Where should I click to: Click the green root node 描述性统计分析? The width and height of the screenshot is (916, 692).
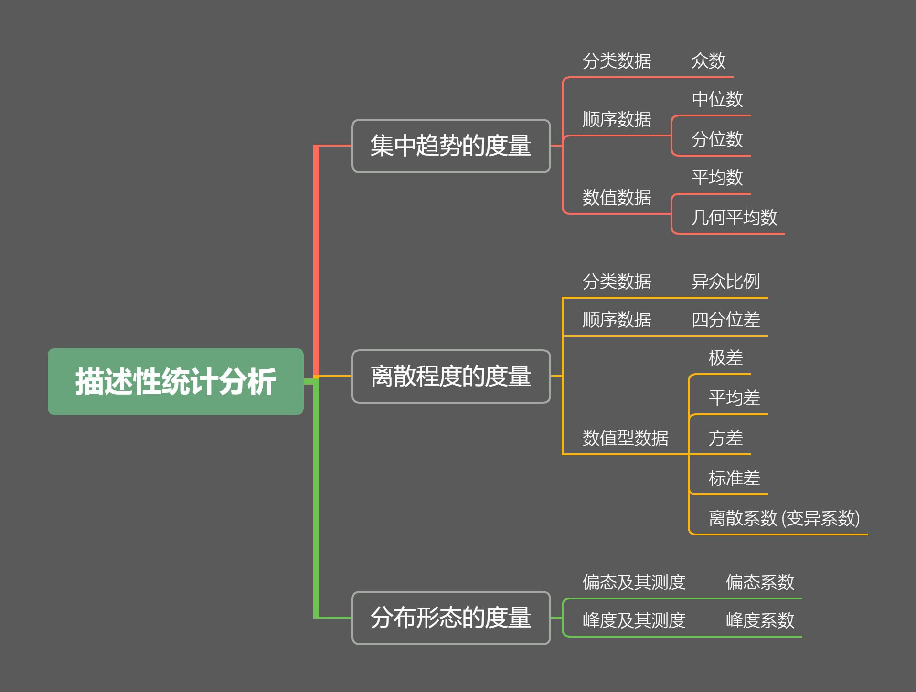click(175, 381)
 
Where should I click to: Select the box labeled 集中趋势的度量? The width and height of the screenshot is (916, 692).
click(451, 146)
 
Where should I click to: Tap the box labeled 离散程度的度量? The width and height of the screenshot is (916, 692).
click(451, 376)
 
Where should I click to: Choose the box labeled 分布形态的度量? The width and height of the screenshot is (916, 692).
click(451, 618)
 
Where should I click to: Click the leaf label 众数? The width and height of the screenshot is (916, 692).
click(708, 61)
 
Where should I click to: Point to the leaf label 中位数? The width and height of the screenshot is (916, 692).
click(717, 99)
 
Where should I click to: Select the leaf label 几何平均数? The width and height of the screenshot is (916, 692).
click(734, 218)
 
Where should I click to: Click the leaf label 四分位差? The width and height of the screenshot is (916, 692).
click(725, 320)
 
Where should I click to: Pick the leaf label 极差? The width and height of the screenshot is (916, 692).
click(725, 358)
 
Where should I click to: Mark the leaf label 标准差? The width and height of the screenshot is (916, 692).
click(734, 478)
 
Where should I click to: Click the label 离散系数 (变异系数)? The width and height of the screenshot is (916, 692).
click(784, 518)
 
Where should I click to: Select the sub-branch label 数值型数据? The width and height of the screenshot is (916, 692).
click(625, 438)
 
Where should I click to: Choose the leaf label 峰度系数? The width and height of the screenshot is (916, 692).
click(760, 620)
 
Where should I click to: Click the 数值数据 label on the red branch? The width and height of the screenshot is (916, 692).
click(617, 198)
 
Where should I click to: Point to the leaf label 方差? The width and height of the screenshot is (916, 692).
click(725, 438)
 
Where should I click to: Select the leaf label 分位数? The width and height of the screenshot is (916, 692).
click(717, 139)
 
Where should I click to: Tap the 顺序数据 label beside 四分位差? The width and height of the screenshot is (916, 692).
click(617, 320)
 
